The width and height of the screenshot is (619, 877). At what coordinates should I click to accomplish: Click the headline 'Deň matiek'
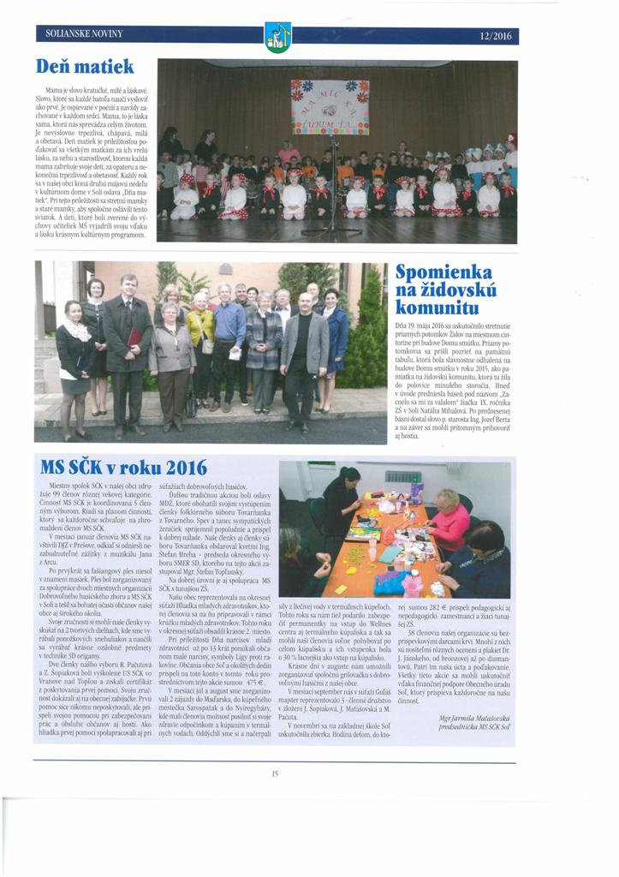(x=85, y=66)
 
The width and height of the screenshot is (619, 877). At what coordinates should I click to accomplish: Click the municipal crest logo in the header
(x=277, y=36)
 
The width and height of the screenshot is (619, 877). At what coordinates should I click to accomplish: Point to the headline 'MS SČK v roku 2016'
(x=124, y=467)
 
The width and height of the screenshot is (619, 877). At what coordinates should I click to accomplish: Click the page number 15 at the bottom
(x=275, y=773)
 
